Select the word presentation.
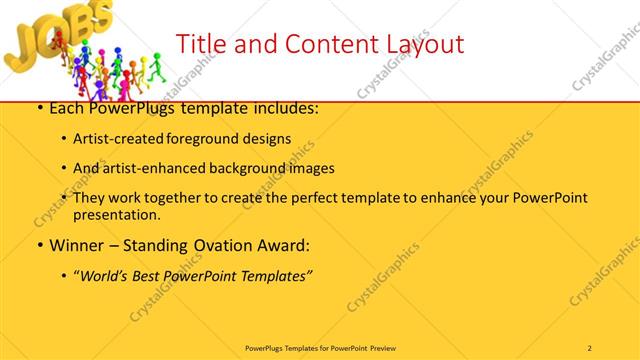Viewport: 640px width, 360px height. pos(117,214)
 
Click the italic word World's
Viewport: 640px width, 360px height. pos(107,275)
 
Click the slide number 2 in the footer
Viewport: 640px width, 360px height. pos(590,347)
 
